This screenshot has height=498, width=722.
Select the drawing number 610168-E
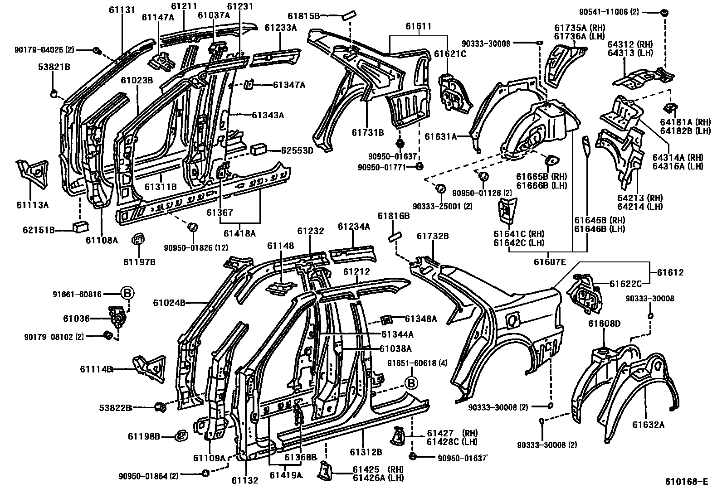pos(686,481)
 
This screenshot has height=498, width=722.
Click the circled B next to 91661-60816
pos(127,294)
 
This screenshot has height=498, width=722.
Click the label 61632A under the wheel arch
pos(648,425)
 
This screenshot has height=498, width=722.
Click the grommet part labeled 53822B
pos(160,407)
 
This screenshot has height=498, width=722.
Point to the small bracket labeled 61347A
pos(249,85)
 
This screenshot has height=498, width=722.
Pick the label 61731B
pos(367,132)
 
